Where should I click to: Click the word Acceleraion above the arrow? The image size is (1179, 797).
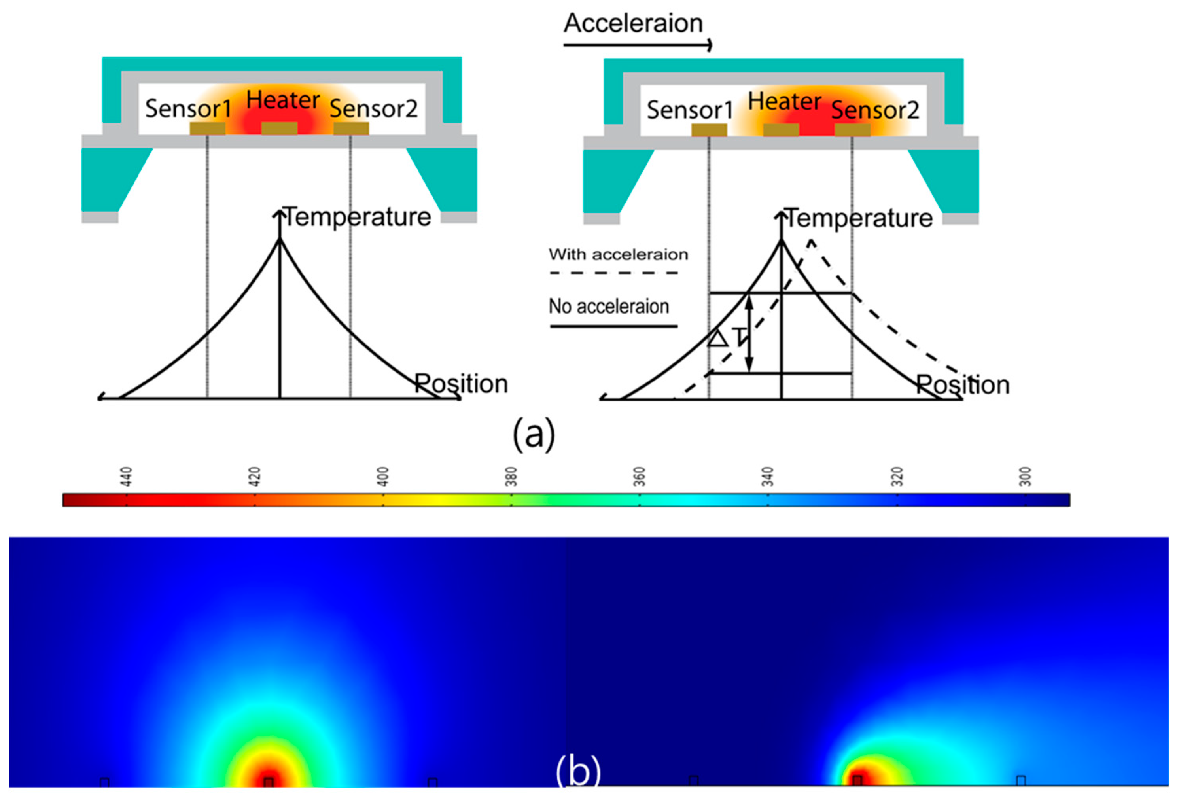point(633,23)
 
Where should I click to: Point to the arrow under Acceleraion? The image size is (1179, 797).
point(638,45)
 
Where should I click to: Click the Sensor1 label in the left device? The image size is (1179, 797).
point(188,108)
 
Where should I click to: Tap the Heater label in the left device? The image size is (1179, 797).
point(282,100)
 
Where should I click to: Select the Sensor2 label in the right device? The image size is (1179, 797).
point(875,110)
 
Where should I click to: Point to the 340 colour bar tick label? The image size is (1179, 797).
point(768,477)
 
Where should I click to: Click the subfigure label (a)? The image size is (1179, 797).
point(534,434)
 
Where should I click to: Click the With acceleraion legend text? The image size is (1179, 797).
point(618,254)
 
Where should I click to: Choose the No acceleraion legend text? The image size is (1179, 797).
point(609,307)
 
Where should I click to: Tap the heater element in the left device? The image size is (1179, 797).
point(279,129)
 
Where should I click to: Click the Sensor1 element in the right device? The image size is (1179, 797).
point(709,130)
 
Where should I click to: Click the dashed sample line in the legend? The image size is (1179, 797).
point(614,273)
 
